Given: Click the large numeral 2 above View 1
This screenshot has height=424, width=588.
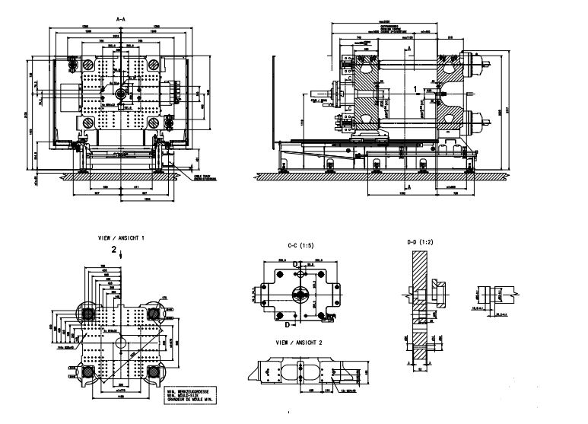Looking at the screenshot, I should click(x=114, y=248).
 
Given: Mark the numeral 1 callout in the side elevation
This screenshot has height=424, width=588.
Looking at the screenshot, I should click(x=415, y=89).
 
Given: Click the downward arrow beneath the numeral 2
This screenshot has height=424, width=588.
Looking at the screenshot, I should click(x=120, y=257).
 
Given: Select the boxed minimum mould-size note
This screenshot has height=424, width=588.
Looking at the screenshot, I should click(x=186, y=393).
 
